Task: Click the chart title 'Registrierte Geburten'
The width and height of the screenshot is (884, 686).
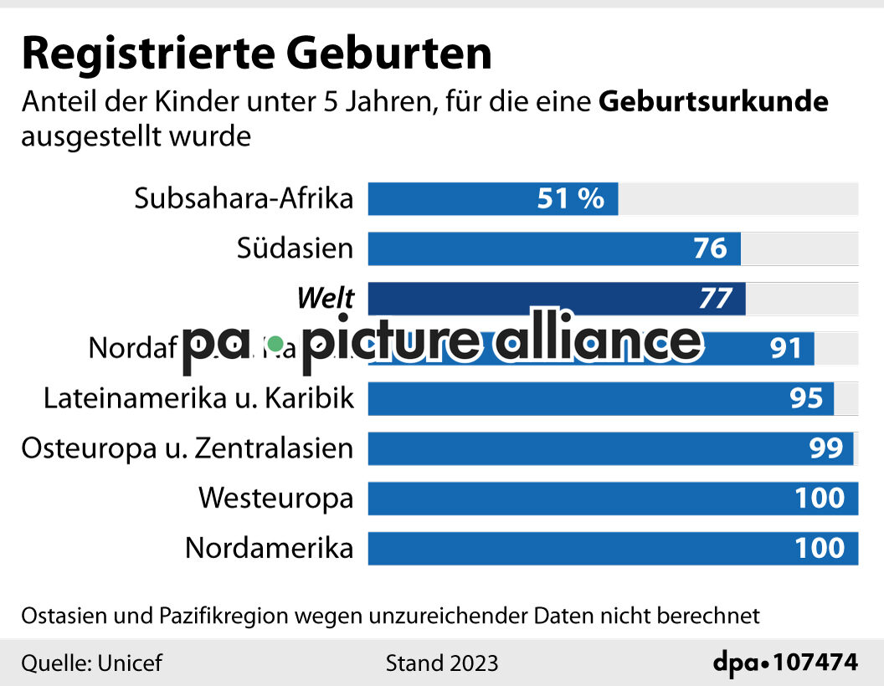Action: pos(256,54)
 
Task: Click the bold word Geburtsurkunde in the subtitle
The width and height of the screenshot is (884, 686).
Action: pos(714,101)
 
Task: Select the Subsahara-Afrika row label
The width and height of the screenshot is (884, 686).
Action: pos(244,199)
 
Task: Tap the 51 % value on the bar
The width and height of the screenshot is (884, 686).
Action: pos(570,199)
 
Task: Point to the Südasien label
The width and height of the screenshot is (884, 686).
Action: pos(295,248)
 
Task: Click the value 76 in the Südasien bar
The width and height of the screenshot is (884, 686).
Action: pos(710,248)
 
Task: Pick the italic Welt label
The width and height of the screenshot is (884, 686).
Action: pos(326,298)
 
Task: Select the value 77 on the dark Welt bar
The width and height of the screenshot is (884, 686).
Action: pos(715,298)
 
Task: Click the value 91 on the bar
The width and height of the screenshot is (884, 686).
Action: pos(785,348)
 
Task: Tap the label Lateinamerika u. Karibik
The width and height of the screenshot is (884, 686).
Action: pos(198,398)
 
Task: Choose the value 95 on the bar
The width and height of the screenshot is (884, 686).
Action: pos(806,398)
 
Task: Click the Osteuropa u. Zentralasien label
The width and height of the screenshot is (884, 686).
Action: pos(187,448)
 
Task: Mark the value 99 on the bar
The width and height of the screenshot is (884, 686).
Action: pos(825,448)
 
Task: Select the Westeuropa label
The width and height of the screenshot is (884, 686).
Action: pos(275,499)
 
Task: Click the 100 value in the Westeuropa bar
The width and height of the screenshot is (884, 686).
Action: pos(820,499)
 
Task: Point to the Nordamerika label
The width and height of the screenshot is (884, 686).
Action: pos(269,549)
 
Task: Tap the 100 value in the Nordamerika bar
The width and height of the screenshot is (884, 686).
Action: pos(820,549)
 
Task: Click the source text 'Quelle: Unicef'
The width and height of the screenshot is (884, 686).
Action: pos(91,663)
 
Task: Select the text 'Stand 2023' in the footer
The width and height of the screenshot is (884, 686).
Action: pos(441,663)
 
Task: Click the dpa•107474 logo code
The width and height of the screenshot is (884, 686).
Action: pos(785,663)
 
